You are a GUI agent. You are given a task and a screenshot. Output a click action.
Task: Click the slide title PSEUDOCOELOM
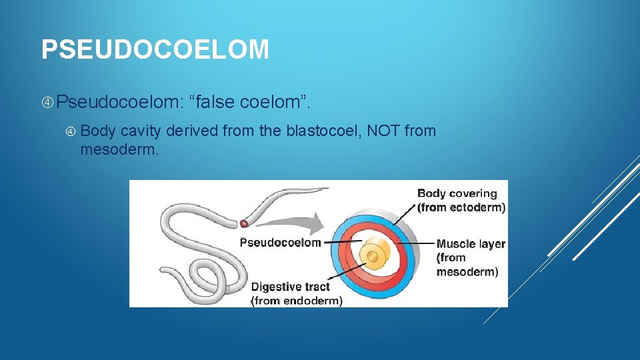click(155, 50)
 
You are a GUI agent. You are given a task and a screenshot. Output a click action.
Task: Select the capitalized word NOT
click(383, 131)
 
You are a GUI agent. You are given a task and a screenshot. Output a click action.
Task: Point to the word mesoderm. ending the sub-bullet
click(120, 149)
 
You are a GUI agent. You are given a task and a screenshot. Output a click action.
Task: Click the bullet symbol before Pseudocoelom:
click(47, 103)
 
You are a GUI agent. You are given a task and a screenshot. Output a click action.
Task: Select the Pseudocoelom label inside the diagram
click(280, 243)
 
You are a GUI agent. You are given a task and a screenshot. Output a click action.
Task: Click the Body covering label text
click(457, 194)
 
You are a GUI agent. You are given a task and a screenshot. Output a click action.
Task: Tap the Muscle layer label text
click(471, 244)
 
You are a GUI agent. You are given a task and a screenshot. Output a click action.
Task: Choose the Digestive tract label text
click(290, 287)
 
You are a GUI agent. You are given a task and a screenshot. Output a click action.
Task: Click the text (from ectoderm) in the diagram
click(461, 207)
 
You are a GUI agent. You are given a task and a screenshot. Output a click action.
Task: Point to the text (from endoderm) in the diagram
click(297, 301)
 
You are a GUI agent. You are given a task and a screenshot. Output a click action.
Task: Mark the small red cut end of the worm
click(245, 223)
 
